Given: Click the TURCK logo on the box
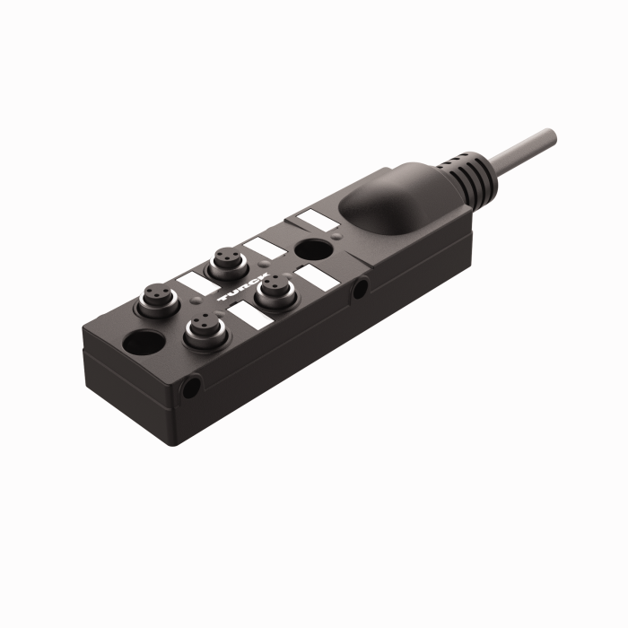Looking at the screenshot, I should (240, 291).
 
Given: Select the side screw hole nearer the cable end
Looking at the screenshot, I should (360, 289).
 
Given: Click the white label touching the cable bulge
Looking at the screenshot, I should (314, 218).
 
